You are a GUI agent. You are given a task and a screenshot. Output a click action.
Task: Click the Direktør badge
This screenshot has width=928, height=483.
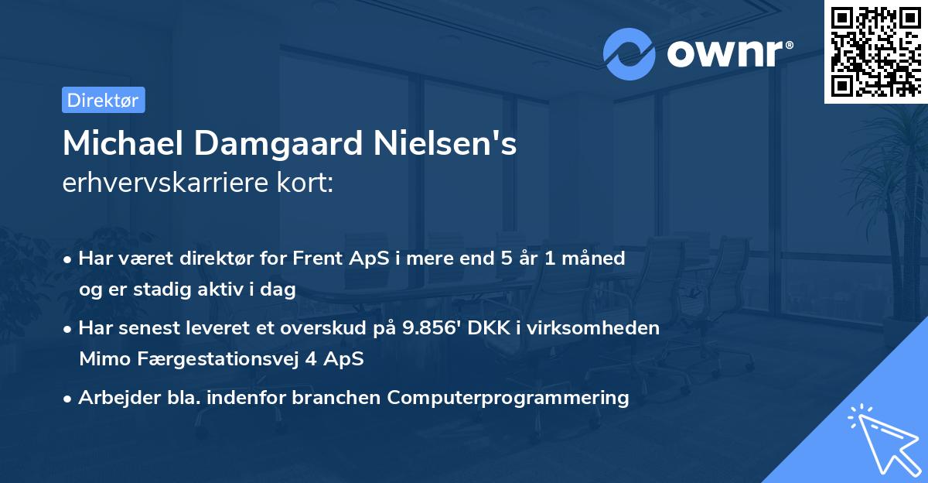coord(103,100)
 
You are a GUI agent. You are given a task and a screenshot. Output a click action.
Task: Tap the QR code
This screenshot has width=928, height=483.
coord(875,51)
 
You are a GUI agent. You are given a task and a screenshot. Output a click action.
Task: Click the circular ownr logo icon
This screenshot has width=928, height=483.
coord(629,54)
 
